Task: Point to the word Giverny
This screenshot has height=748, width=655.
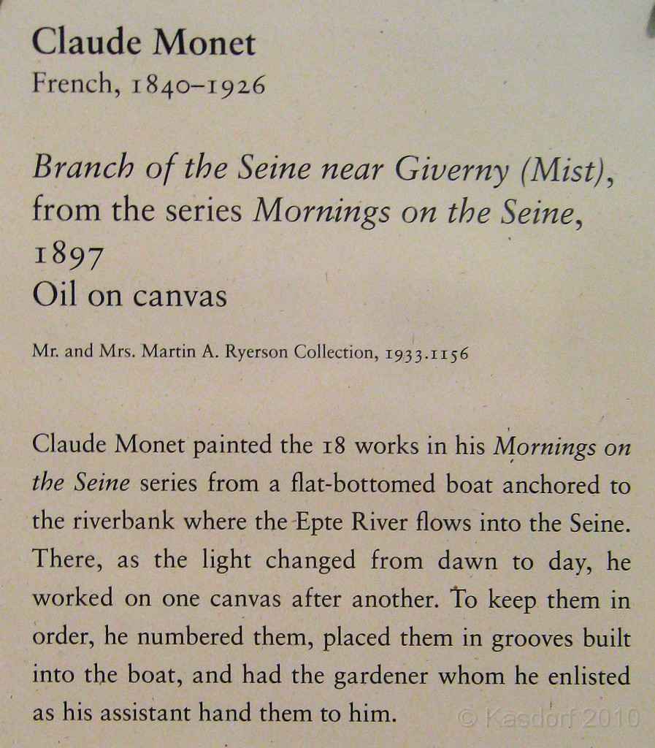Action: pyautogui.click(x=451, y=171)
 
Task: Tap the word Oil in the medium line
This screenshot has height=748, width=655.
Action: pyautogui.click(x=53, y=296)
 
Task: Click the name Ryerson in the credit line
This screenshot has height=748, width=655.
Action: pyautogui.click(x=259, y=353)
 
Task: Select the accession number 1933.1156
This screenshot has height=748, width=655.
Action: pyautogui.click(x=425, y=354)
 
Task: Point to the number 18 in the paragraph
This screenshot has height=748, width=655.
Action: pyautogui.click(x=333, y=446)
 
